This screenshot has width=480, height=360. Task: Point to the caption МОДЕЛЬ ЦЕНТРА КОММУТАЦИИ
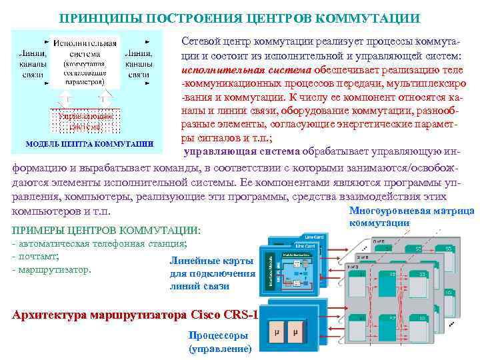[89, 143]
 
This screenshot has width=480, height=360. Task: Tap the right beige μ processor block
[295, 333]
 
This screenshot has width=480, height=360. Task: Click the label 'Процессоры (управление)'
[219, 341]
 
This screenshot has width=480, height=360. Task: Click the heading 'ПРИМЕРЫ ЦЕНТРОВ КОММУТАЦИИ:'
[106, 231]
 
